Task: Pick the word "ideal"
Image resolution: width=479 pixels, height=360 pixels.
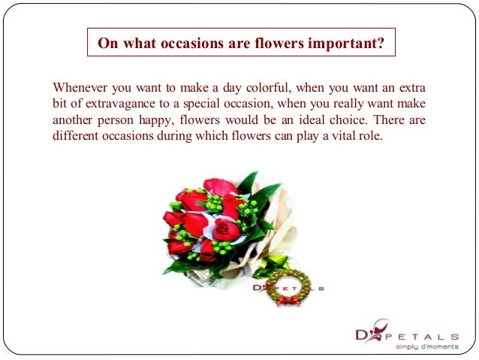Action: pos(278,119)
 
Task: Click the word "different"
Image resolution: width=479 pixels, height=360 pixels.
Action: pos(77,136)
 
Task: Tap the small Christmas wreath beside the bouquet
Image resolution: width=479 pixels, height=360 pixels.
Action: pos(286,286)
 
